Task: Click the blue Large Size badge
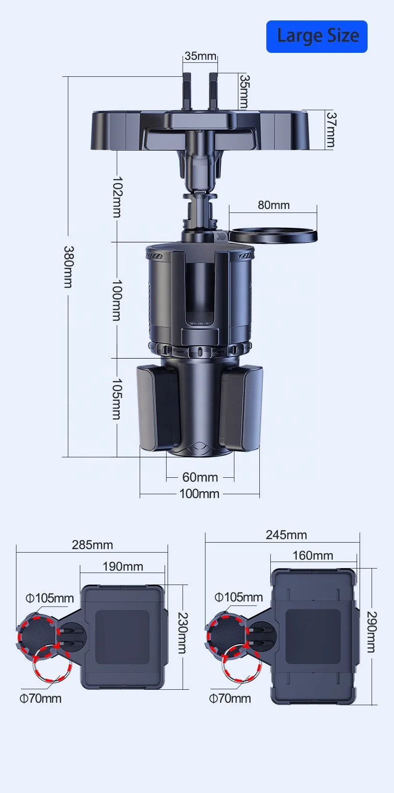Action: pos(317,36)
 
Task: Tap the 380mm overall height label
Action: pos(68,267)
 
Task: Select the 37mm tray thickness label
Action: pos(331,130)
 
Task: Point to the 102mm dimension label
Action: pos(117,197)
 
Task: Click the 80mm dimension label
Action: pos(273,205)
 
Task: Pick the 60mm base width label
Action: pos(200,477)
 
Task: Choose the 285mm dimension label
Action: pos(92,545)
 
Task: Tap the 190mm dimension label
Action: pos(123,567)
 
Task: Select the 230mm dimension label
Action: pos(183,633)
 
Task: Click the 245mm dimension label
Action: pos(286,535)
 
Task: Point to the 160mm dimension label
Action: pos(313,556)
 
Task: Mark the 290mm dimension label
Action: pos(372,632)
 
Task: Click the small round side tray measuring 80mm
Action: pos(273,235)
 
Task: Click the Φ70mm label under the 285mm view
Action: pos(40,698)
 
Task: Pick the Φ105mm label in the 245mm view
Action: pos(238,597)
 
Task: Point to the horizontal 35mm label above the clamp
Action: pos(200,56)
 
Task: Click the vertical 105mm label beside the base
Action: pos(117,399)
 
